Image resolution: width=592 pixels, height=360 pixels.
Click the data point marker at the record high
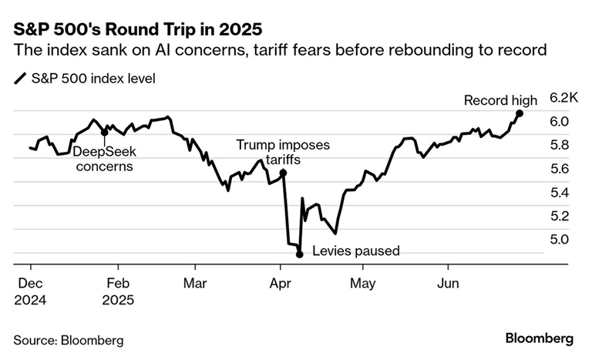click(x=520, y=113)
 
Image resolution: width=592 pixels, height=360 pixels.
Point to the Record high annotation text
click(x=500, y=100)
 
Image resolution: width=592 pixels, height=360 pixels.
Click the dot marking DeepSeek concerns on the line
click(x=104, y=132)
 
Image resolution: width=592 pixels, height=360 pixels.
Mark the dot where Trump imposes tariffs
click(x=283, y=173)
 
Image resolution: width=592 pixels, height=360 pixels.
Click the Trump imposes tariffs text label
click(x=282, y=151)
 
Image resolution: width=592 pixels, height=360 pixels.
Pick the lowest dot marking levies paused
click(x=299, y=254)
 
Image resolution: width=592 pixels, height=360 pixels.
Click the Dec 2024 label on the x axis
click(x=30, y=291)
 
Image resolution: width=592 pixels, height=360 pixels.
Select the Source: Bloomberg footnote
click(x=68, y=339)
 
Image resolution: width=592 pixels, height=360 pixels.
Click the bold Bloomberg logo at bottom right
click(x=539, y=338)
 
